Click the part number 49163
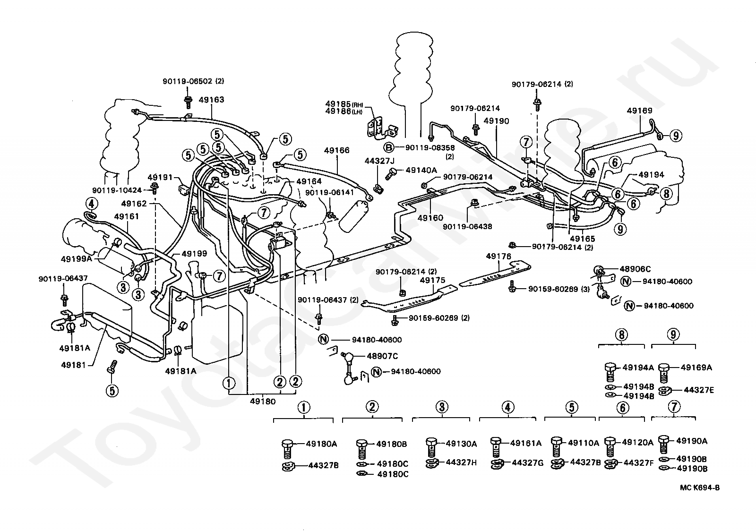(x=211, y=100)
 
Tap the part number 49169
(x=639, y=111)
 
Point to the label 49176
(x=498, y=256)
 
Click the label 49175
(x=432, y=280)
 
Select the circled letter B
(x=388, y=146)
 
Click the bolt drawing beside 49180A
(x=287, y=448)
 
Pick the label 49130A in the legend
(x=461, y=444)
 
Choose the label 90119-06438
(x=467, y=226)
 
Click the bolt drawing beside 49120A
(x=610, y=446)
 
